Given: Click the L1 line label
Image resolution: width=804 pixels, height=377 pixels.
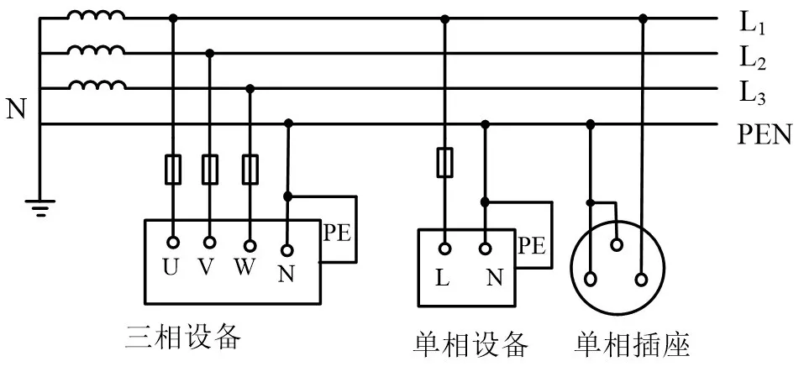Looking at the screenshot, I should (752, 24).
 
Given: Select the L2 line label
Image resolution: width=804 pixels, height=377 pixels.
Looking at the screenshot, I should (752, 59).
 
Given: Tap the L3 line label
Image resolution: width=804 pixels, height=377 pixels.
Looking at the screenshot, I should (752, 93).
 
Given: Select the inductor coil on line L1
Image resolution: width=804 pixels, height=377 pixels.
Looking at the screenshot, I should (97, 16).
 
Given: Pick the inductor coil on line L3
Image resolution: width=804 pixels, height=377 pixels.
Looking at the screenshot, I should (97, 86).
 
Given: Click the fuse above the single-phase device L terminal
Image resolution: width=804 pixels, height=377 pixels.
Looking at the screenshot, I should (444, 162).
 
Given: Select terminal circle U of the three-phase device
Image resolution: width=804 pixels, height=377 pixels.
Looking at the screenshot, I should (173, 243).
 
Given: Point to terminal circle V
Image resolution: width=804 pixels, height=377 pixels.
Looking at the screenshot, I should (210, 243).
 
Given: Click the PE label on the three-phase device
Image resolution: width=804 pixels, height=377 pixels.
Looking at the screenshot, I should (337, 233).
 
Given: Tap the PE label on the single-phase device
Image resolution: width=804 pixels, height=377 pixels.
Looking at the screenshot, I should (531, 245).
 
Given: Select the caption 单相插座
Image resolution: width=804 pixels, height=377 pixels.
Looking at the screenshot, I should (633, 343).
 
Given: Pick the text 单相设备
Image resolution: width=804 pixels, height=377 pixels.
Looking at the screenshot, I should (471, 343).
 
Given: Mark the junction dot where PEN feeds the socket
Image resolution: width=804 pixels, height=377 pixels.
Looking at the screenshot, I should (591, 124).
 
